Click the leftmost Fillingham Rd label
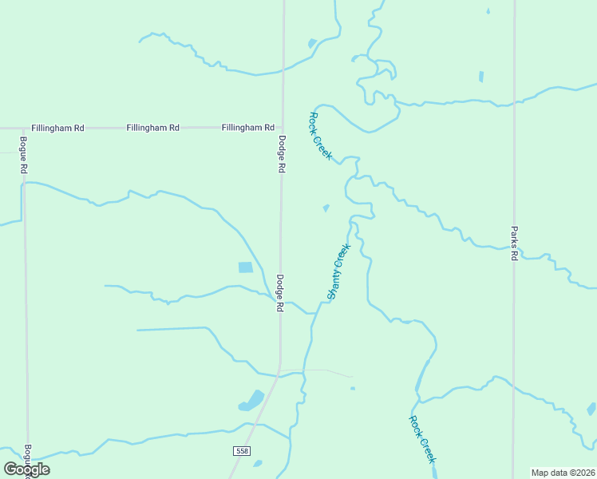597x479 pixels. pyautogui.click(x=58, y=128)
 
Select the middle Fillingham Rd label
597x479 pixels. pyautogui.click(x=152, y=128)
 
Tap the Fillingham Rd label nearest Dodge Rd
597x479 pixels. pyautogui.click(x=248, y=128)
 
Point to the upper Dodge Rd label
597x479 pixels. pyautogui.click(x=282, y=154)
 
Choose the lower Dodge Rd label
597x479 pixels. pyautogui.click(x=280, y=293)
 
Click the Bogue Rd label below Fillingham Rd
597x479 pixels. pyautogui.click(x=24, y=156)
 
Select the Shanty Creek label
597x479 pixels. pyautogui.click(x=339, y=271)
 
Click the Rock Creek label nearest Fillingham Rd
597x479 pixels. pyautogui.click(x=320, y=136)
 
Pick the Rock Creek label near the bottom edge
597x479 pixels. pyautogui.click(x=422, y=439)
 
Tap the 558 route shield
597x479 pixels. pyautogui.click(x=242, y=452)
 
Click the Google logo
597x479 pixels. pyautogui.click(x=26, y=469)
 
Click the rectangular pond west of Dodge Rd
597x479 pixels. pyautogui.click(x=246, y=267)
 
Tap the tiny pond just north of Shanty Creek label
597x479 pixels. pyautogui.click(x=326, y=208)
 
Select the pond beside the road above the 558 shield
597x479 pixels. pyautogui.click(x=252, y=401)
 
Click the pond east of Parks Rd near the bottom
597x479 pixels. pyautogui.click(x=591, y=409)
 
